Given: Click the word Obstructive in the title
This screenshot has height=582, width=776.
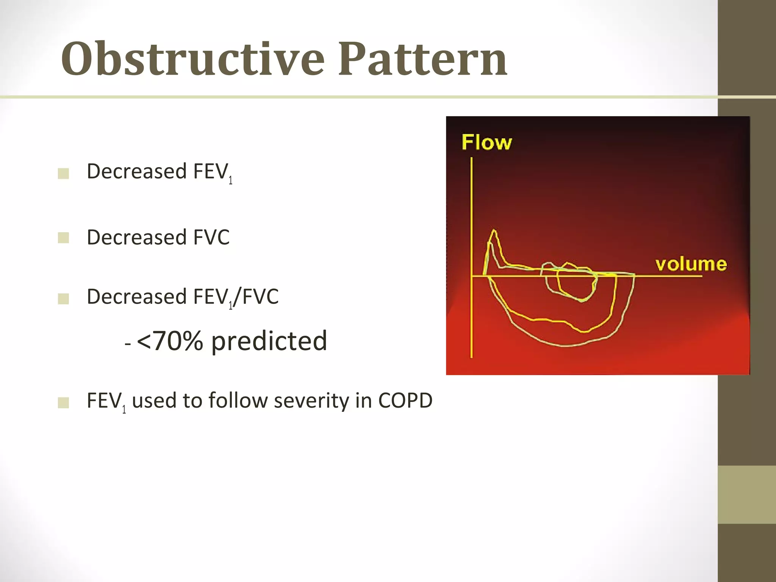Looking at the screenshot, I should pyautogui.click(x=192, y=59).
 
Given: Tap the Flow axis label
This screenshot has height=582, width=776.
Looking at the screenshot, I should pyautogui.click(x=487, y=143).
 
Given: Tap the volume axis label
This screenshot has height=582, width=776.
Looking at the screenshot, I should pyautogui.click(x=691, y=264).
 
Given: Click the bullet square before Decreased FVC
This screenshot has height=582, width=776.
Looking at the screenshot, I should pyautogui.click(x=63, y=238).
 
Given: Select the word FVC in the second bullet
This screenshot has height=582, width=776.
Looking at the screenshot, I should pyautogui.click(x=211, y=238).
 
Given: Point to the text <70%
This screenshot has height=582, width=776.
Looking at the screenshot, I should pyautogui.click(x=169, y=341).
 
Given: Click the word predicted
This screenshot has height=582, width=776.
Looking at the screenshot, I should pyautogui.click(x=269, y=341).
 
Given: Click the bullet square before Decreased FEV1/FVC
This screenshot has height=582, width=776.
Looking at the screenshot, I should pyautogui.click(x=63, y=299).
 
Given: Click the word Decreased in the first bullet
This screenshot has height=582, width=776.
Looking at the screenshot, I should pyautogui.click(x=136, y=171).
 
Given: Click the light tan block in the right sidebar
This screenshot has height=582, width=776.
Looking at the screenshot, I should pyautogui.click(x=746, y=494).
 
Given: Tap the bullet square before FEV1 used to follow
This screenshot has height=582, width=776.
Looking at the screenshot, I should pyautogui.click(x=63, y=402).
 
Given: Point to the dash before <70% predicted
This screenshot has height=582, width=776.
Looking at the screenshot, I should pyautogui.click(x=128, y=344).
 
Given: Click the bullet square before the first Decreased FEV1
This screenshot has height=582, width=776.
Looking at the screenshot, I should pyautogui.click(x=63, y=174).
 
